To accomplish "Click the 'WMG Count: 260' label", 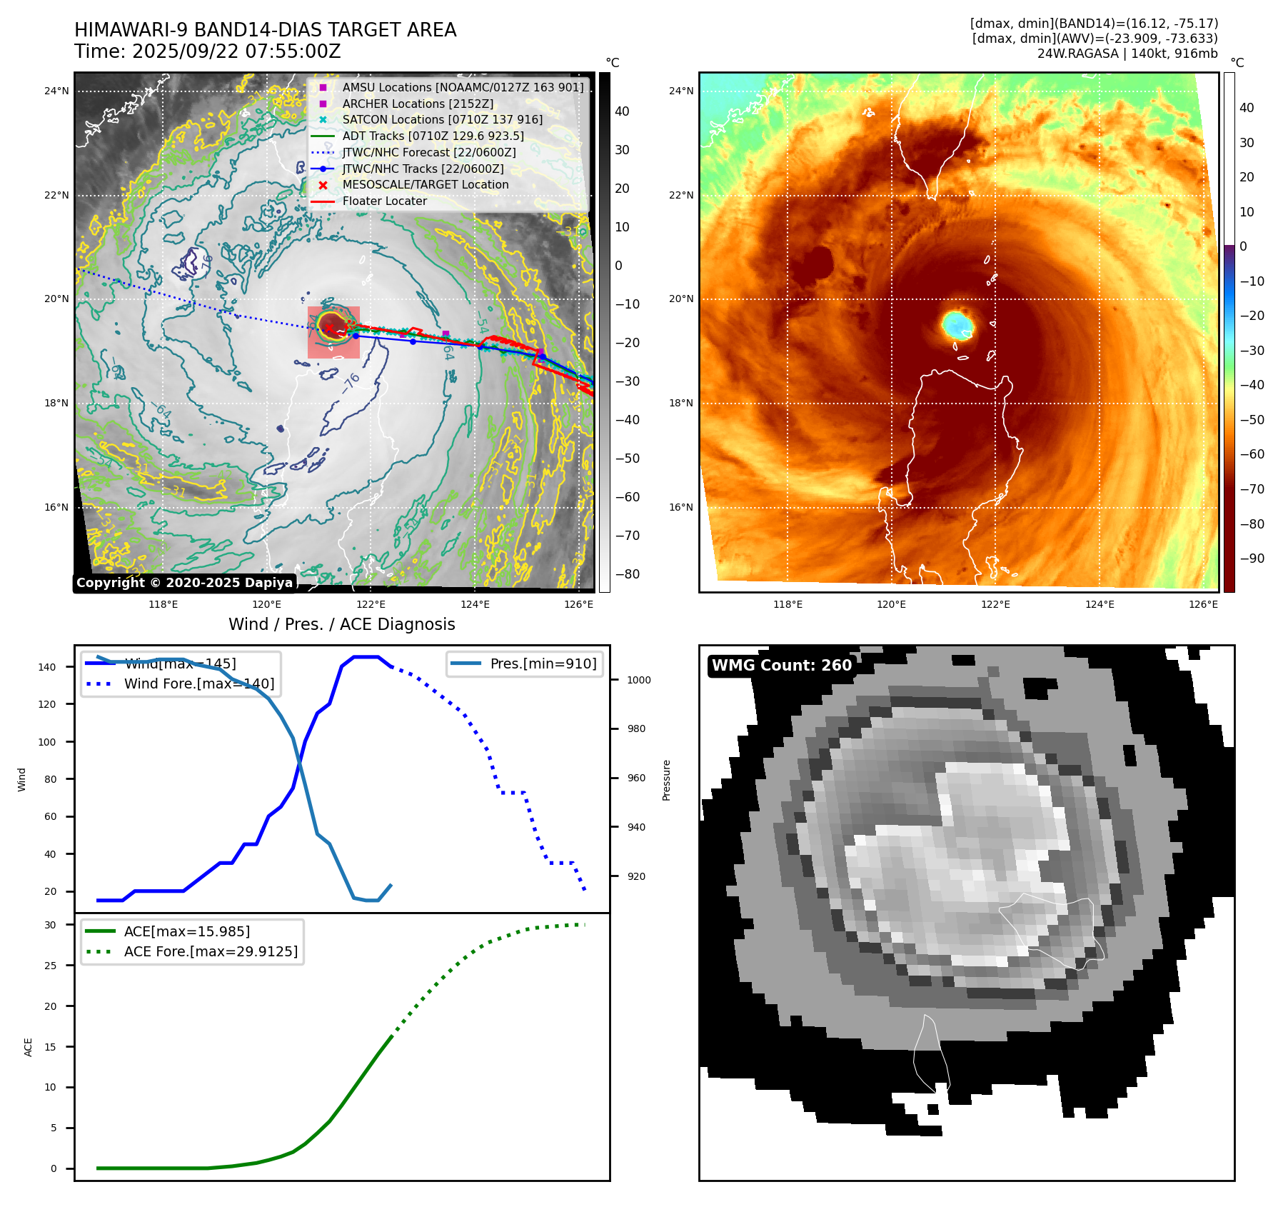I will (782, 666).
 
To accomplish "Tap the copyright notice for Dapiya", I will (184, 583).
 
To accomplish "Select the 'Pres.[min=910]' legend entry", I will (543, 663).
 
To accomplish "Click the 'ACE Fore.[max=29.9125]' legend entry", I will (211, 951).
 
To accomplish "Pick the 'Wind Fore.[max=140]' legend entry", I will (198, 683).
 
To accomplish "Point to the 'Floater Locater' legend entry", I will (384, 201).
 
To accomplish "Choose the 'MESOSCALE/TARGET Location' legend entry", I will (425, 184).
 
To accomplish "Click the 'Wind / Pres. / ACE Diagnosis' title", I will (341, 624).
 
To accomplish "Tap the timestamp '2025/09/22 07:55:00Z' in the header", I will (236, 51).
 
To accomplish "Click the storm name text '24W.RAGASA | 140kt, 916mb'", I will (1127, 54).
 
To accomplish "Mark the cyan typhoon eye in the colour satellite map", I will (957, 324).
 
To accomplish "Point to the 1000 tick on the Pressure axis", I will (638, 680).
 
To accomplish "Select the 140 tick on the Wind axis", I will (47, 667).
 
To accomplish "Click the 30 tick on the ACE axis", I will (50, 925).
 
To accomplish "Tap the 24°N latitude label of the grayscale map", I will (56, 91).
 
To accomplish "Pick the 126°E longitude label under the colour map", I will (1203, 604).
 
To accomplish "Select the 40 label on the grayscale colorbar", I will (622, 111).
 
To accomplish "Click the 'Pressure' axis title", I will (666, 780).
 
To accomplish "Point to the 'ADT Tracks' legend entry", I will (433, 136).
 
